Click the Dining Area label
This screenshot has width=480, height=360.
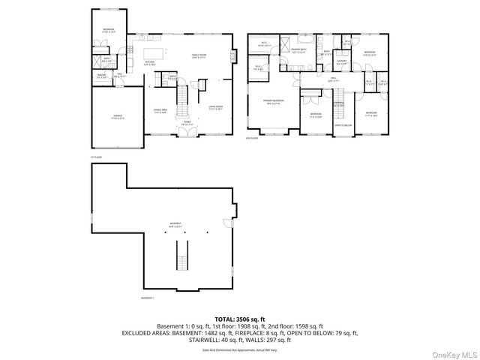pyautogui.click(x=160, y=110)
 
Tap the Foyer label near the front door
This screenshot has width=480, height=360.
pyautogui.click(x=183, y=124)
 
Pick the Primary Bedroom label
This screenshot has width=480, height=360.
pyautogui.click(x=272, y=101)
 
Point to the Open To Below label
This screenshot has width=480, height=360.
pyautogui.click(x=343, y=125)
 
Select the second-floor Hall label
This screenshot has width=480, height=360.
pyautogui.click(x=332, y=79)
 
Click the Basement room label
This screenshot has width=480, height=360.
pyautogui.click(x=175, y=224)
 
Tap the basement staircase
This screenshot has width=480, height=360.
pyautogui.click(x=180, y=262)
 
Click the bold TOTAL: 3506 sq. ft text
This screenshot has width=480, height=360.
pyautogui.click(x=239, y=319)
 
